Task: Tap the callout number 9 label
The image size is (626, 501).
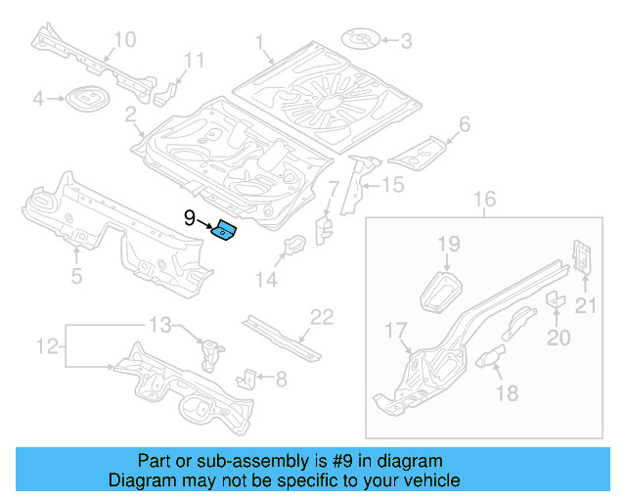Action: pos(190,219)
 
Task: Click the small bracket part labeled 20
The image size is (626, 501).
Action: pos(553,298)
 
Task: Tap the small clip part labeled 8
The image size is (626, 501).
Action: pos(249,377)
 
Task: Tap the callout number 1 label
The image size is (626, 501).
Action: pos(261,42)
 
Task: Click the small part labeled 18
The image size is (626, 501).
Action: pos(490,357)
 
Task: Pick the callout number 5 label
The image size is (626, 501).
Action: pos(76,277)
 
